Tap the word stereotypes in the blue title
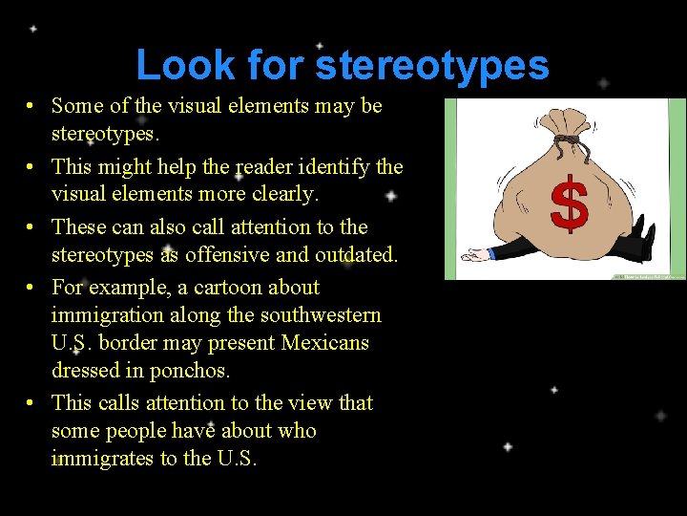[432, 65]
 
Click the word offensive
[255, 254]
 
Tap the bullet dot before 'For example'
[31, 288]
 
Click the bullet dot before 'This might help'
[31, 167]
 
